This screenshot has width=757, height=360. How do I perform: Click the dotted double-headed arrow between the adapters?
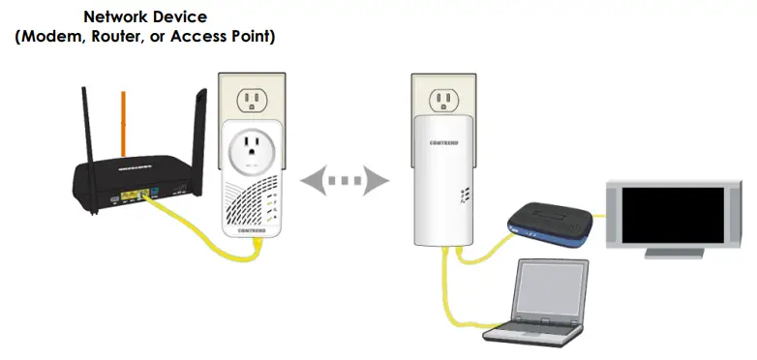(345, 180)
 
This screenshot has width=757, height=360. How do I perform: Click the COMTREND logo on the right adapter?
(444, 142)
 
